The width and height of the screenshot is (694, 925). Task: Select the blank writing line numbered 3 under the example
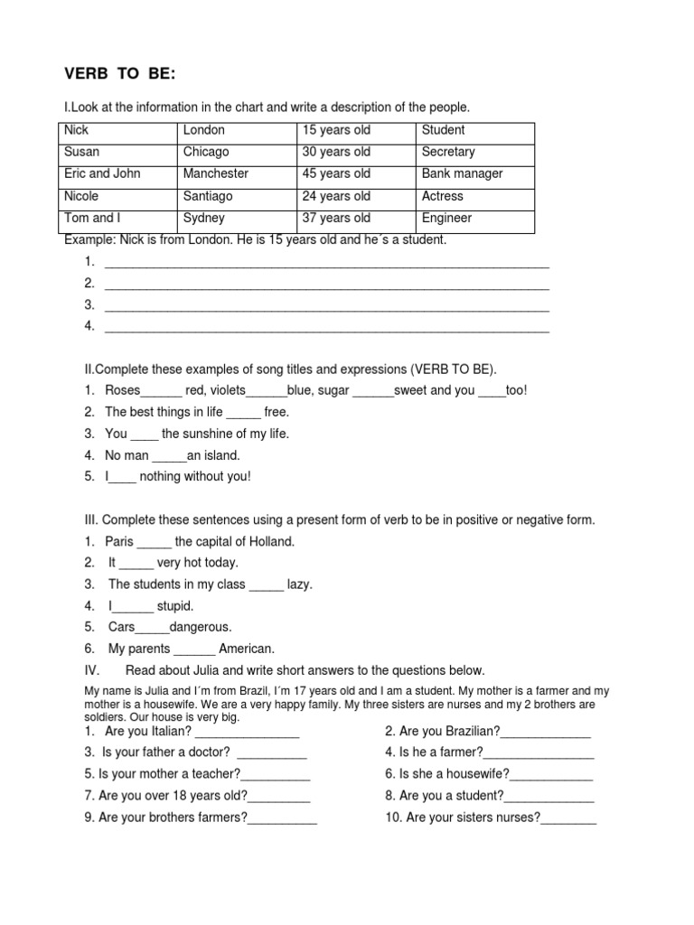[327, 308]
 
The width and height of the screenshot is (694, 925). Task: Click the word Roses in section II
[123, 390]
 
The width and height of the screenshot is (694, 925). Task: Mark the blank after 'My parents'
[194, 650]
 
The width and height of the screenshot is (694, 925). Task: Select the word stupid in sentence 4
[175, 606]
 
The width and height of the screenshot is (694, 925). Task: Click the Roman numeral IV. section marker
[71, 670]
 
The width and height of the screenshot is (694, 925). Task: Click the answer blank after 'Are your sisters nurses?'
[569, 820]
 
